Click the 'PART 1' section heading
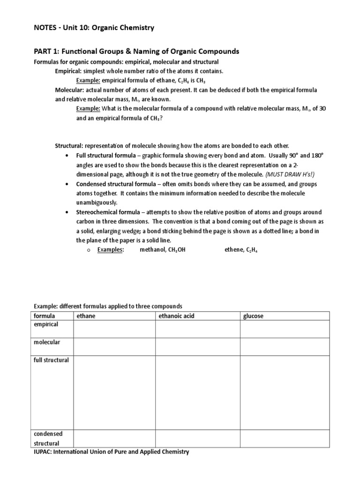click(x=136, y=51)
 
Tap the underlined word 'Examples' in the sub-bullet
click(x=110, y=250)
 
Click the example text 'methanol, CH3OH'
click(x=163, y=250)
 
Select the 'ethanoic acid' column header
click(x=176, y=316)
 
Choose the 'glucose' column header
click(x=253, y=316)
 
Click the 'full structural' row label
click(x=51, y=360)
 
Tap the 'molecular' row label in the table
click(x=46, y=342)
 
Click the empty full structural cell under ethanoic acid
click(x=197, y=392)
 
